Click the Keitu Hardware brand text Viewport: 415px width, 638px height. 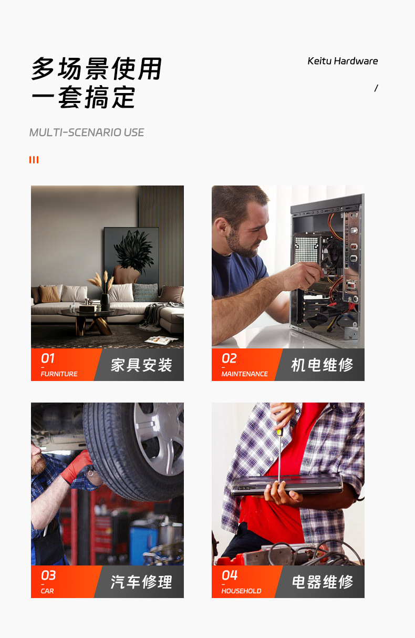click(343, 61)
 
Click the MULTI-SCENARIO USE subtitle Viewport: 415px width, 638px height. click(87, 132)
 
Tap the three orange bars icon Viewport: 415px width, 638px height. click(34, 160)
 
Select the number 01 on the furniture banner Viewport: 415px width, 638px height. click(48, 358)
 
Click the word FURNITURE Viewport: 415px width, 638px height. click(59, 374)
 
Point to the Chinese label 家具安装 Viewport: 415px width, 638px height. click(141, 365)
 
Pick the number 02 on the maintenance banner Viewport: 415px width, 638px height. click(229, 358)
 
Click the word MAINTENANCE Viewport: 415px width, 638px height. click(244, 374)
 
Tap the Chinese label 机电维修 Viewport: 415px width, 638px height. click(322, 365)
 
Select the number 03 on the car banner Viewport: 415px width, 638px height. click(48, 575)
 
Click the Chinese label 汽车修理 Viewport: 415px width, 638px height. click(141, 582)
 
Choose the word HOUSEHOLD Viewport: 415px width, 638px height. click(241, 591)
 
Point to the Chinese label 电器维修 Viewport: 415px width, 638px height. click(323, 582)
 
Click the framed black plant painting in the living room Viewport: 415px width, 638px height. click(131, 255)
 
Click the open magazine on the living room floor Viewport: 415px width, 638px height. click(161, 340)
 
